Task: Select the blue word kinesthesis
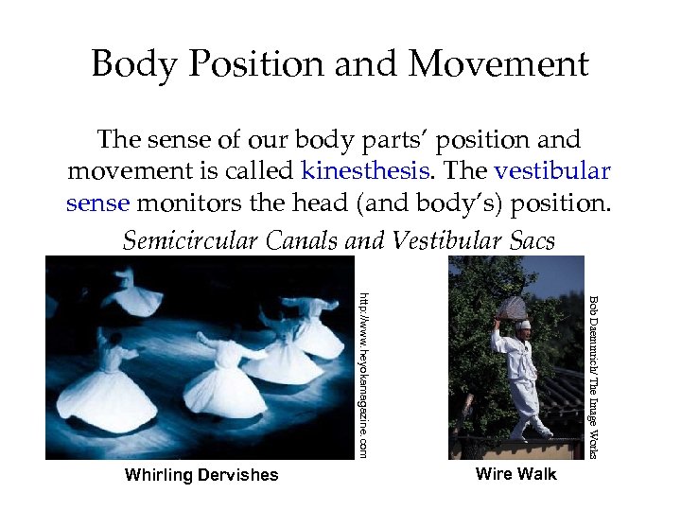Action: [362, 172]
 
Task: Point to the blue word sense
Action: [100, 203]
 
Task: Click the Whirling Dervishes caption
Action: [201, 475]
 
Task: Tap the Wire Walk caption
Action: [515, 473]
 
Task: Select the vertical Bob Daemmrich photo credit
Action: [593, 377]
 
